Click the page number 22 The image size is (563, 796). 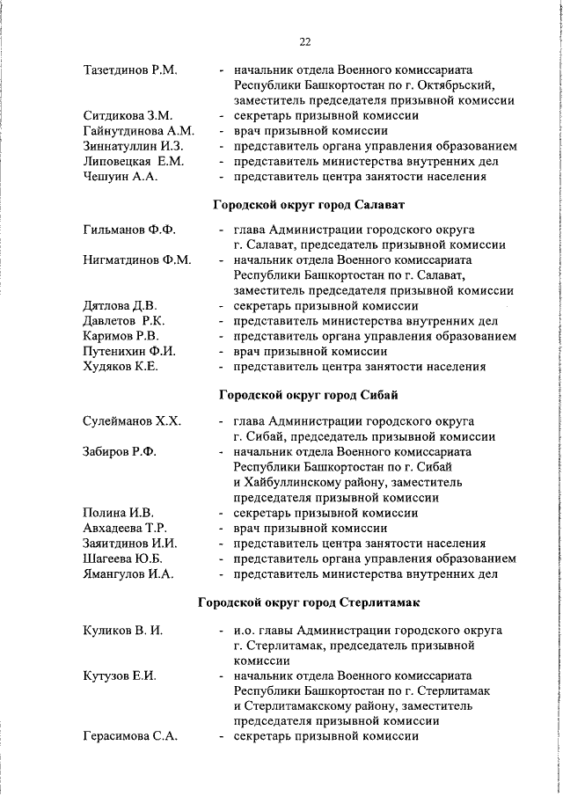click(304, 42)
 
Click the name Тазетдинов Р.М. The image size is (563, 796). click(130, 69)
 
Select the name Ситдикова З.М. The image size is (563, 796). click(128, 115)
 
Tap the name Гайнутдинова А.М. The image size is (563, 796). click(137, 130)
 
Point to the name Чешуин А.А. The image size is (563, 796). click(121, 176)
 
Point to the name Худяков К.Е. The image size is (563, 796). click(121, 367)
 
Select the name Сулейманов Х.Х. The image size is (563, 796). click(131, 421)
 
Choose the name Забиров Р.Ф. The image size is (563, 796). click(119, 452)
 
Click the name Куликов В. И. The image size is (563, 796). click(122, 631)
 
